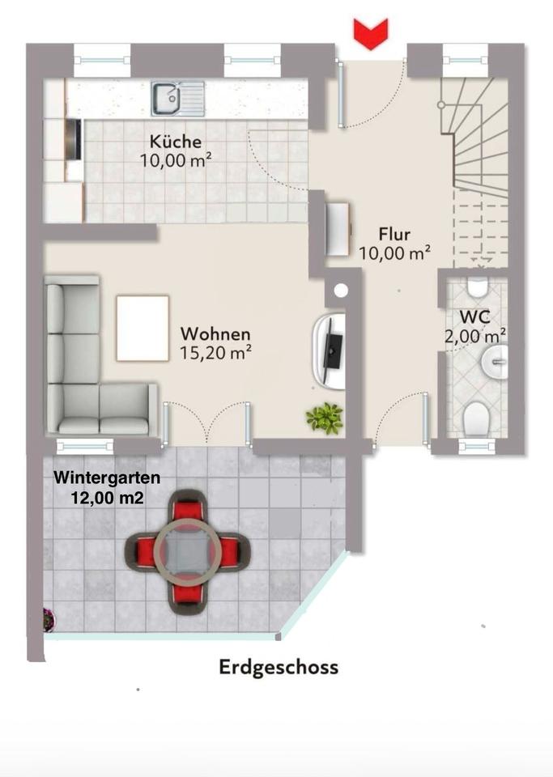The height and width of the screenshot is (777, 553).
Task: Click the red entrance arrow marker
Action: click(x=370, y=33)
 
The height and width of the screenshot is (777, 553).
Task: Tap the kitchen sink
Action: click(x=178, y=98)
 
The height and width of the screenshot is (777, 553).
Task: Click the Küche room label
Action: click(x=176, y=142)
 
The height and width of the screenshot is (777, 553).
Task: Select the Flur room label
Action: click(x=394, y=234)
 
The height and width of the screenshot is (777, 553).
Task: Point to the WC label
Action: click(x=474, y=316)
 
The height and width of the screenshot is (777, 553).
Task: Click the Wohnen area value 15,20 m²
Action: click(x=215, y=353)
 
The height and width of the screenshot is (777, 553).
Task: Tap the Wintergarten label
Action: click(x=107, y=478)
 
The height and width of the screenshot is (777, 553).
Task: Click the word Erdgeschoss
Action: click(x=279, y=667)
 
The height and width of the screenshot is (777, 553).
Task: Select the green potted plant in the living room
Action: click(x=325, y=418)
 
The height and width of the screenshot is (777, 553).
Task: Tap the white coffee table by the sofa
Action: click(x=143, y=329)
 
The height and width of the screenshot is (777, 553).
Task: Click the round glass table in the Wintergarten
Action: click(x=187, y=550)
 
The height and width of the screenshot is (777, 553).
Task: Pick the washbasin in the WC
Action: click(x=494, y=359)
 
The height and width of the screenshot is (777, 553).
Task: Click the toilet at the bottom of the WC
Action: click(x=476, y=419)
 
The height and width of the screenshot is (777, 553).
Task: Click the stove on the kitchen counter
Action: click(x=74, y=139)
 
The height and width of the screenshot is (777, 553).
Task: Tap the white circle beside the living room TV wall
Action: click(x=340, y=291)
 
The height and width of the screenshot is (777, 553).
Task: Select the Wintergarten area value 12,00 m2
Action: click(x=108, y=498)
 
